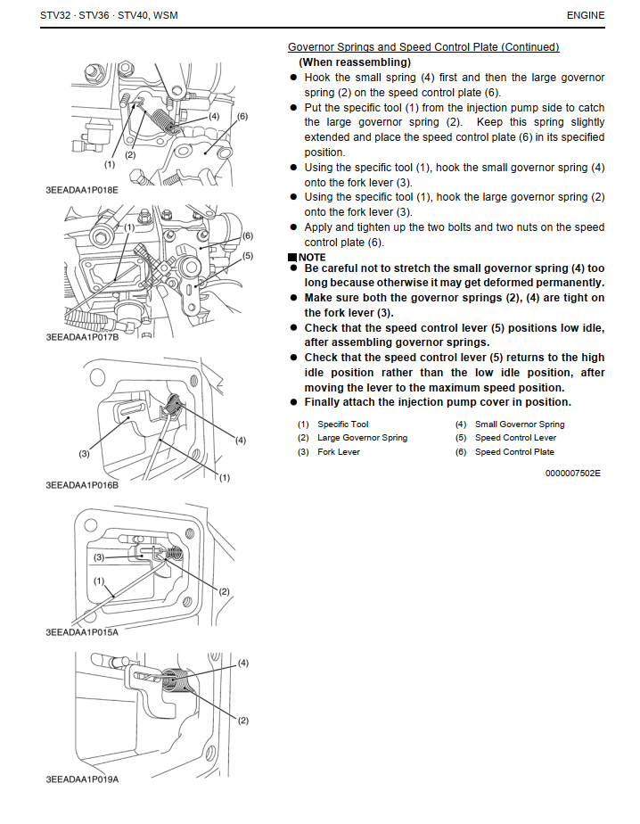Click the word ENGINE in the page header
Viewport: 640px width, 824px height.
pos(585,15)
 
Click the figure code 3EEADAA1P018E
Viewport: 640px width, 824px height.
pos(82,190)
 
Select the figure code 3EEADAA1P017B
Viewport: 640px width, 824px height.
pos(82,338)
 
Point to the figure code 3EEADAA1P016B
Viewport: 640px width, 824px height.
pos(82,485)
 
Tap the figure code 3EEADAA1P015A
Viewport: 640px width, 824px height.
pos(82,631)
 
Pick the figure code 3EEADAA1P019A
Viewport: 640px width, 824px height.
pos(82,779)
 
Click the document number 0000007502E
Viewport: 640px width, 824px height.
pos(572,473)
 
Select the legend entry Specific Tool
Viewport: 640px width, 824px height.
pos(342,424)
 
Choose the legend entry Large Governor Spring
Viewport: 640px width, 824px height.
pos(362,438)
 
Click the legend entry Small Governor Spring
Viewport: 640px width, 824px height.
pos(520,424)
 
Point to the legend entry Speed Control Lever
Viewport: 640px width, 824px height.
pos(515,438)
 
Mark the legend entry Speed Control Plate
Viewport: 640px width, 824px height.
pos(514,452)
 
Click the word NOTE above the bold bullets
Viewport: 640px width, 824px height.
pos(311,258)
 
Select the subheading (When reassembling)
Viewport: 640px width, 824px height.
pos(355,62)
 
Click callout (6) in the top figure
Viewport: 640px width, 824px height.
pos(242,117)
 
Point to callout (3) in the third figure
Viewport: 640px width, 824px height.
pos(84,454)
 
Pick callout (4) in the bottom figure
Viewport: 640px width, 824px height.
pos(242,663)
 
